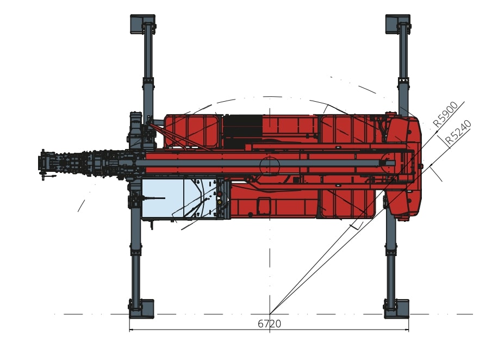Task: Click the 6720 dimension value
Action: click(269, 324)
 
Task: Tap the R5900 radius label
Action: click(446, 114)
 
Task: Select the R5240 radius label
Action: click(458, 133)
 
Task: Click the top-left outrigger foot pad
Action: click(142, 24)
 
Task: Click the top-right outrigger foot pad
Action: click(397, 24)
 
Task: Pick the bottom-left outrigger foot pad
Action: click(142, 308)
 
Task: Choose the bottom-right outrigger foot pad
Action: click(397, 308)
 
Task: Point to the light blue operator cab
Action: click(184, 198)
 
